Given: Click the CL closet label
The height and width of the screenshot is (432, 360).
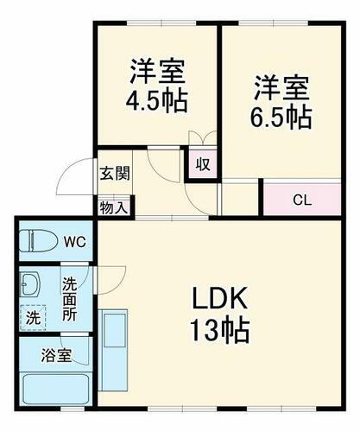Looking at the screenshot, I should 301,201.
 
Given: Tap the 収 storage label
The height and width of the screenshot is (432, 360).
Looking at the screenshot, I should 202,164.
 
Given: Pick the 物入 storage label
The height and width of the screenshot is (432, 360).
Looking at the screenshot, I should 113,207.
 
